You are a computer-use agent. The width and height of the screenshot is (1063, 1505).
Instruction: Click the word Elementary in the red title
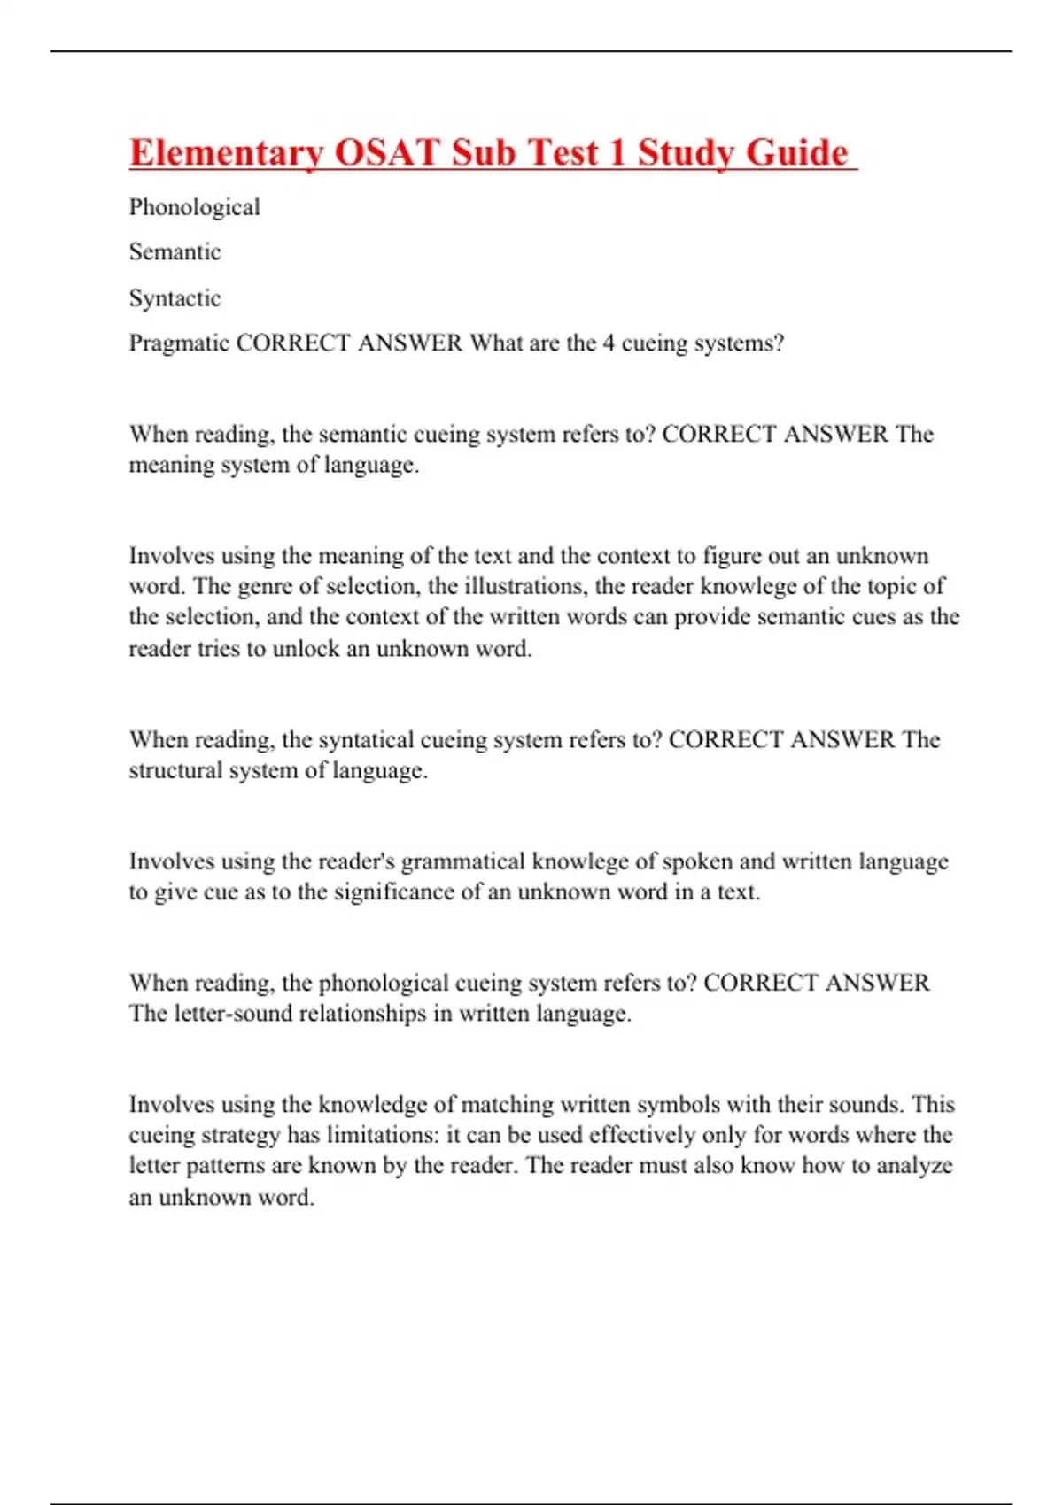(226, 152)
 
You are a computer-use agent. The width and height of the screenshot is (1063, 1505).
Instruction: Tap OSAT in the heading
(387, 152)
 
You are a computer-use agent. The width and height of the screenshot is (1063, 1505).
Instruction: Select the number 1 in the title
(617, 152)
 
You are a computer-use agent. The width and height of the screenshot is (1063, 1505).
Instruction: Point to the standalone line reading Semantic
(175, 252)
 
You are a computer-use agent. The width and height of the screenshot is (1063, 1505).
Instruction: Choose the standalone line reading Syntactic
(175, 298)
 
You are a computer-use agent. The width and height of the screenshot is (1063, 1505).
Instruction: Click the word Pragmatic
(179, 343)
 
